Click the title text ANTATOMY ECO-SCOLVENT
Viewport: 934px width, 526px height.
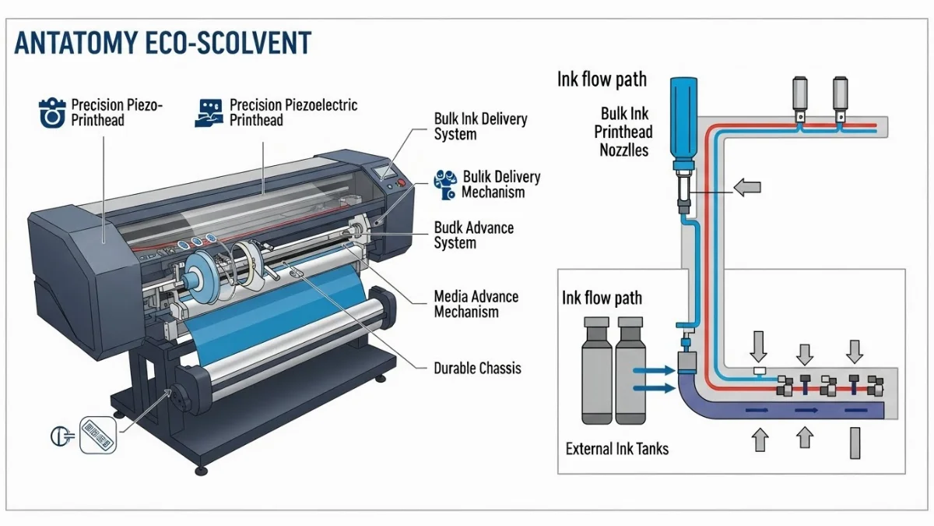[163, 44]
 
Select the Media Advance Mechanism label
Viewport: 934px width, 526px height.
[476, 304]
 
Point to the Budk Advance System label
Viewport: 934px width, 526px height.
[473, 235]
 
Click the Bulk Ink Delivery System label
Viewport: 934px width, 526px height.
[480, 126]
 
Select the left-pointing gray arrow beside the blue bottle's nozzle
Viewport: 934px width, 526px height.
[746, 187]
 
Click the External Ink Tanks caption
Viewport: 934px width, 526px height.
[616, 448]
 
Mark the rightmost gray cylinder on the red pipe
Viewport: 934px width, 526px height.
[839, 97]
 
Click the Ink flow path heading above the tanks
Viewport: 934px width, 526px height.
[602, 298]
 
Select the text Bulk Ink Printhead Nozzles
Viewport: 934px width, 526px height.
[623, 132]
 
